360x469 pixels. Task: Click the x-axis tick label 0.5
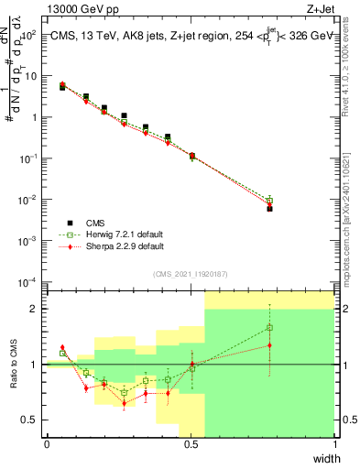tap(191, 444)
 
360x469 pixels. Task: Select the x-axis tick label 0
tap(47, 444)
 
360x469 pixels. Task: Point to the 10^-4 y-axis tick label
tap(27, 281)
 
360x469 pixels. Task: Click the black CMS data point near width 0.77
tap(269, 209)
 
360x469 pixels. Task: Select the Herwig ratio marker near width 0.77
tap(269, 327)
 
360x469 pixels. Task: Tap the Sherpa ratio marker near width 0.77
tap(269, 345)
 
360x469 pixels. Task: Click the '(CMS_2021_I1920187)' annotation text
tap(191, 274)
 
